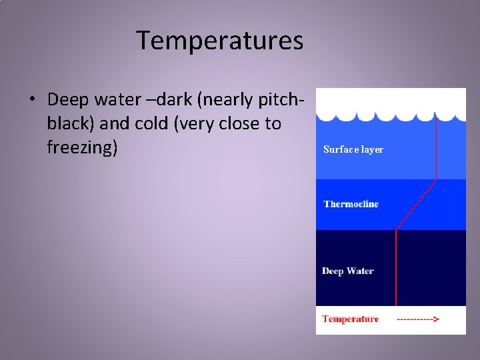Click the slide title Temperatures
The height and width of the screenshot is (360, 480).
coord(220,41)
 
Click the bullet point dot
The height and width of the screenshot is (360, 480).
coord(32,101)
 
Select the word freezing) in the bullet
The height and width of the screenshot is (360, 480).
coord(82,147)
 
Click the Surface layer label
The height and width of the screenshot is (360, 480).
coord(353,149)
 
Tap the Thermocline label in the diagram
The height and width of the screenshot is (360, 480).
coord(351,204)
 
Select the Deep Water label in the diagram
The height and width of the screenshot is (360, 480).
coord(348,271)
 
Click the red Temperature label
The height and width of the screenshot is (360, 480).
coord(351,319)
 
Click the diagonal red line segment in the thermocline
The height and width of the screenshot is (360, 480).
coord(417,205)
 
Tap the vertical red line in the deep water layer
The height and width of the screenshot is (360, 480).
coord(397,267)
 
